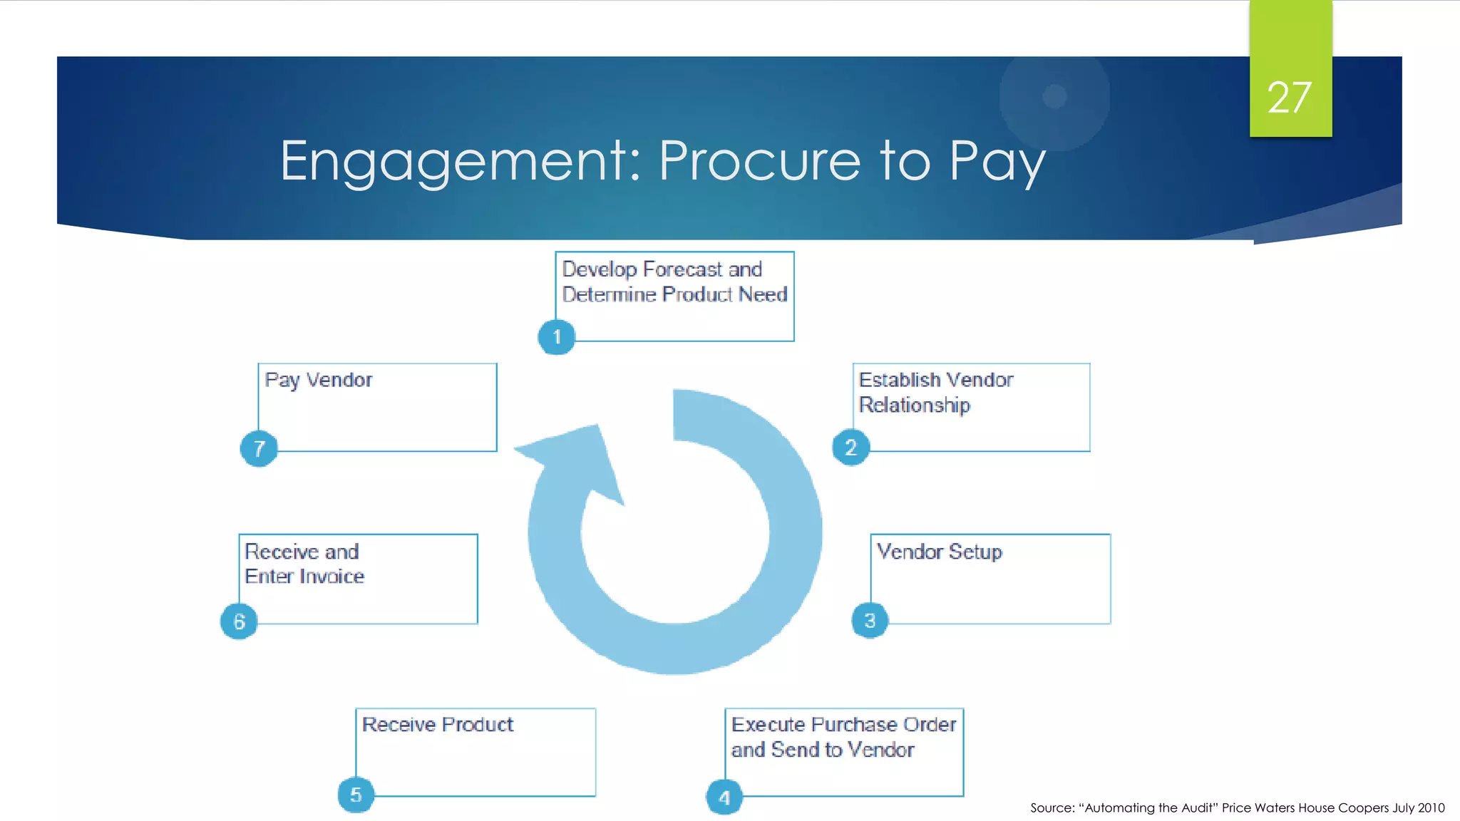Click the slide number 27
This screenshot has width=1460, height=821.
(1289, 98)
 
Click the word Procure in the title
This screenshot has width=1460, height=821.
(759, 161)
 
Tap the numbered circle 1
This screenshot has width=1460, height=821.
(557, 337)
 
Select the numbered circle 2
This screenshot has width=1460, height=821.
(850, 448)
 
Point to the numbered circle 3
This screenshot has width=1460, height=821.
(870, 620)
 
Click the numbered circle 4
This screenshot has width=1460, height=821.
(724, 797)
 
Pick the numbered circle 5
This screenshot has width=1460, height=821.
(356, 795)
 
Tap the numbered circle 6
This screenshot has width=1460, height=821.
(239, 621)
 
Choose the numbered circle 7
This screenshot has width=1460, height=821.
(259, 448)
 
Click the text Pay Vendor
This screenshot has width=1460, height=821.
(318, 380)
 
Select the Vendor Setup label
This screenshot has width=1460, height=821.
(939, 552)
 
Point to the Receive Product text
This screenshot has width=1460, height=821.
(437, 724)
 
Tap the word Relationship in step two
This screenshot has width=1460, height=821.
(914, 405)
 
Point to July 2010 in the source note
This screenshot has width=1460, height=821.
(1419, 807)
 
